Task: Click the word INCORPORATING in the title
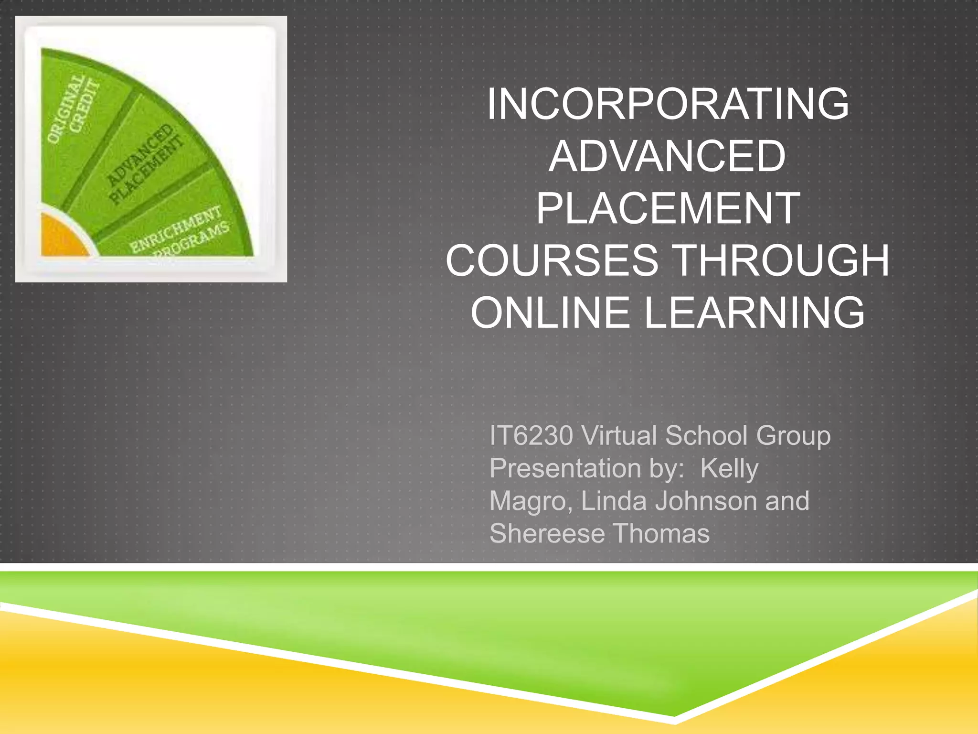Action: (x=668, y=104)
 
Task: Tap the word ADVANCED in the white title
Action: (x=668, y=156)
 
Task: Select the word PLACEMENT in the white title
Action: (x=668, y=208)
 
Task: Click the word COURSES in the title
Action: (x=552, y=260)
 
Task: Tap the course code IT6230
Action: (x=531, y=436)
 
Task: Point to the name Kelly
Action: (x=729, y=469)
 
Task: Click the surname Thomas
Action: (x=661, y=534)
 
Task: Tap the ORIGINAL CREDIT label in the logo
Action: (x=74, y=109)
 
